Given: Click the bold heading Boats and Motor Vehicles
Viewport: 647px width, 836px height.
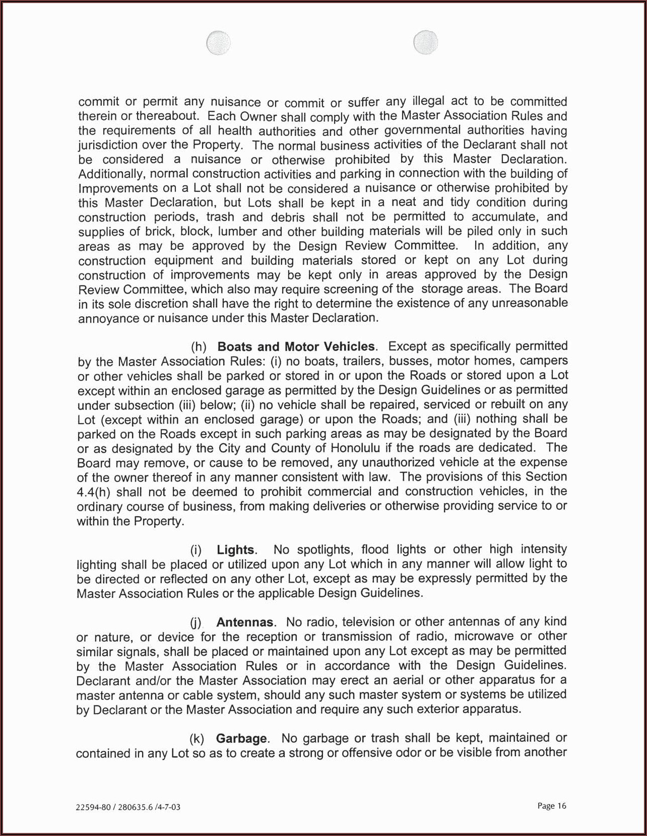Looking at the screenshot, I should pyautogui.click(x=296, y=347).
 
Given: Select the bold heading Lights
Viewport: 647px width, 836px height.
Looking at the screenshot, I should pyautogui.click(x=235, y=549).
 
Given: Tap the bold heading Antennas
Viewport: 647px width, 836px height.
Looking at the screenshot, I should pyautogui.click(x=245, y=622).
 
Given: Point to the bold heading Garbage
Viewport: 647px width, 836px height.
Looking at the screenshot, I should pyautogui.click(x=241, y=739).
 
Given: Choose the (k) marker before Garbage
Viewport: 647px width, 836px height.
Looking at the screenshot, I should pyautogui.click(x=197, y=739).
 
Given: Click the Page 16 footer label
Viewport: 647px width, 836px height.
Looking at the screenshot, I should pyautogui.click(x=552, y=806).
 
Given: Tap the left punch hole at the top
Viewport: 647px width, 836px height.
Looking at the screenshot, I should pyautogui.click(x=218, y=43).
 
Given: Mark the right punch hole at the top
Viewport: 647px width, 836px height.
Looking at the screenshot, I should pyautogui.click(x=425, y=42).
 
